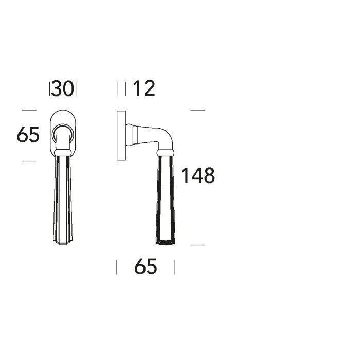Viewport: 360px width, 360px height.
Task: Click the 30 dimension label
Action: [x=63, y=89]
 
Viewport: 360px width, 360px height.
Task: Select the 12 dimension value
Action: [x=143, y=89]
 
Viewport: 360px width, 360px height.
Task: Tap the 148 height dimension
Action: [x=197, y=176]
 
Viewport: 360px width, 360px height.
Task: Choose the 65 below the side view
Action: [x=145, y=267]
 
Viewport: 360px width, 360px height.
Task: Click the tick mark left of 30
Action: [x=50, y=89]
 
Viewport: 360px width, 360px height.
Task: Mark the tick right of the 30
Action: [x=76, y=89]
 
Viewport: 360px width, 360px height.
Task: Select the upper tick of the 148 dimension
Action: [x=197, y=110]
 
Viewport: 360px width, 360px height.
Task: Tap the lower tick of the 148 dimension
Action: [x=197, y=245]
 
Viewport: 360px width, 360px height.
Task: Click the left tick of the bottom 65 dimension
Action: [x=117, y=267]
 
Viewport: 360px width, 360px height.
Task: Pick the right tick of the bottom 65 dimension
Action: [x=175, y=267]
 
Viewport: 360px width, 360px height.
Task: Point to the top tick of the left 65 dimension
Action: [x=29, y=110]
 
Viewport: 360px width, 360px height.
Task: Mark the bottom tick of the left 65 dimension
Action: [x=29, y=161]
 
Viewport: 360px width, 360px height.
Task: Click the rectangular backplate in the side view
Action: [x=121, y=135]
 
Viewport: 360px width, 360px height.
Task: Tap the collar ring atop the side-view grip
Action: [x=165, y=151]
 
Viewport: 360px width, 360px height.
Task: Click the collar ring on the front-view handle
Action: [x=63, y=151]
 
